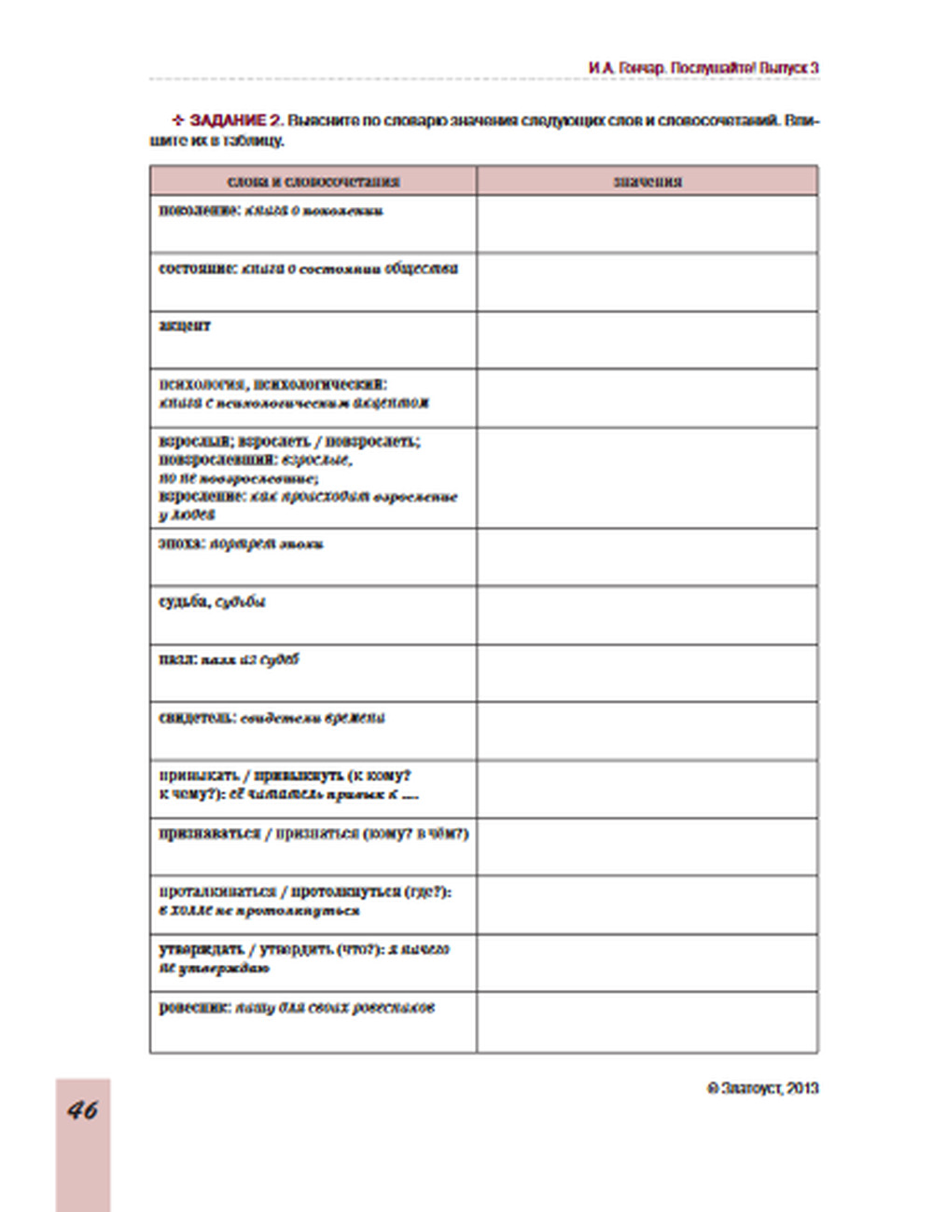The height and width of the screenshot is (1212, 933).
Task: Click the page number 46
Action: click(83, 1109)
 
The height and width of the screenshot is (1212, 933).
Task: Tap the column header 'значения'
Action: click(648, 181)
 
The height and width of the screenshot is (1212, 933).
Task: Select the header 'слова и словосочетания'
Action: click(313, 181)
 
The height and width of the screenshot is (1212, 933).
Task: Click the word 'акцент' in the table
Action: click(185, 326)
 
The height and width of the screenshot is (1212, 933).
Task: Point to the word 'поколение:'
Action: click(200, 211)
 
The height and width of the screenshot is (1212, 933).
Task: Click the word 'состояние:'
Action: click(198, 269)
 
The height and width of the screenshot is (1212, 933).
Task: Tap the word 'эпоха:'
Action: click(182, 543)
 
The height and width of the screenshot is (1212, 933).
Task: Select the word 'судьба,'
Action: click(185, 601)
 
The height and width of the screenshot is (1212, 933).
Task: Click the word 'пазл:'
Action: click(177, 659)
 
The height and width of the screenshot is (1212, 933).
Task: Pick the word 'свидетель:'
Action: click(198, 718)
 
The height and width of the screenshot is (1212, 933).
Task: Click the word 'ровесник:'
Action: click(195, 1008)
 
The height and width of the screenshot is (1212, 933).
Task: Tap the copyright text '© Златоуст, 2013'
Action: click(762, 1088)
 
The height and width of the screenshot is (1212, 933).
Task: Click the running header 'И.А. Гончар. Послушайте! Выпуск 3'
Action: click(703, 68)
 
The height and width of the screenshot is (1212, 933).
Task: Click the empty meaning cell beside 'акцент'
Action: click(648, 340)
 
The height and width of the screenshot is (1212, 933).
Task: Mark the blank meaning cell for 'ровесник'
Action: click(648, 1022)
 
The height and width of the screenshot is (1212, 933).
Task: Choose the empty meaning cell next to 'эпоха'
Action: click(648, 558)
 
